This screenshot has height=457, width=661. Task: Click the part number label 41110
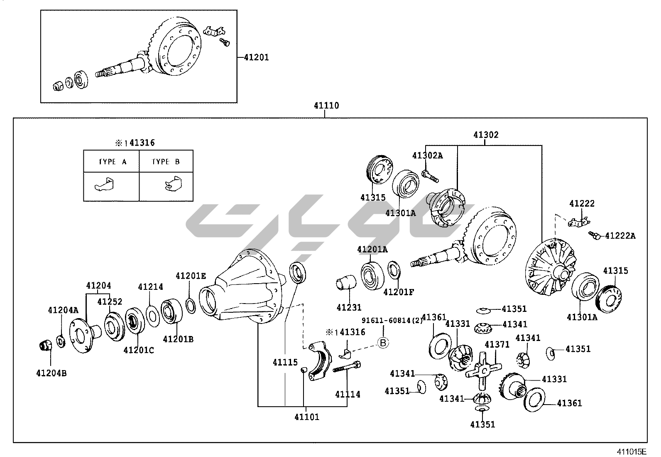click(x=326, y=106)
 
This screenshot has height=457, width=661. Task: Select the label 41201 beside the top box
click(x=256, y=58)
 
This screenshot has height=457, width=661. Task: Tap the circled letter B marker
click(x=383, y=342)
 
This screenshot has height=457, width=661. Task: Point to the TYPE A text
click(x=113, y=162)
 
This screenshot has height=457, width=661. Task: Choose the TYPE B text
click(x=166, y=162)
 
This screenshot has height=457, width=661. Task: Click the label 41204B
click(x=51, y=373)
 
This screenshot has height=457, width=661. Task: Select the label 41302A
click(x=427, y=155)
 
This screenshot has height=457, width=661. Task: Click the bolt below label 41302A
click(x=430, y=176)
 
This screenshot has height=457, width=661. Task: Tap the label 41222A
click(x=620, y=236)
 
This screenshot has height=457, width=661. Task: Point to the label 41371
click(x=497, y=344)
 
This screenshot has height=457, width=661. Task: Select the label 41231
click(x=349, y=308)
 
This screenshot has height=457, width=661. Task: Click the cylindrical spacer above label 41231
click(x=345, y=283)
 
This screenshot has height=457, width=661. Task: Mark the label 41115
click(x=285, y=362)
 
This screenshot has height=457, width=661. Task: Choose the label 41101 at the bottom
click(x=307, y=416)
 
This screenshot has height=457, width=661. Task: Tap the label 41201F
click(x=399, y=291)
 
